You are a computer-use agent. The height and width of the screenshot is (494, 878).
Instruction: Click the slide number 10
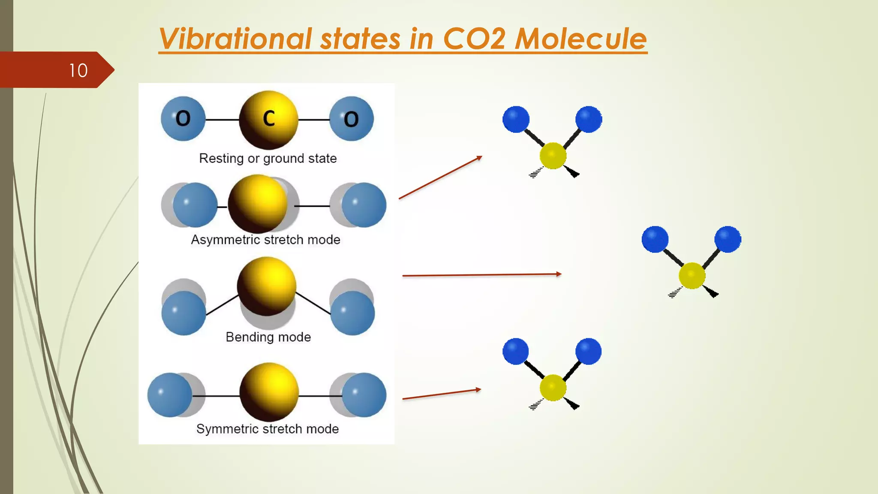coord(78,70)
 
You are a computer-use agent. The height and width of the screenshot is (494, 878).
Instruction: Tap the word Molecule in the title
coord(580,39)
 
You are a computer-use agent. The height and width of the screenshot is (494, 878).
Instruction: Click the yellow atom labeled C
coord(268,120)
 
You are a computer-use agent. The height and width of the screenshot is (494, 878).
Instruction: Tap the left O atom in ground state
coord(183,119)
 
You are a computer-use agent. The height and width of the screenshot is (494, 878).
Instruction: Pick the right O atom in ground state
coord(352,119)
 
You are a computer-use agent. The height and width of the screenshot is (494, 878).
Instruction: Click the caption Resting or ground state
coord(268,159)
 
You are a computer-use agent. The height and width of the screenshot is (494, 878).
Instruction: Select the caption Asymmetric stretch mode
coord(266,240)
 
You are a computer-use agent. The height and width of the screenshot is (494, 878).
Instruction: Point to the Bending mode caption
coord(268,337)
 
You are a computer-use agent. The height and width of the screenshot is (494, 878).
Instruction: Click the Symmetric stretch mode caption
coord(268,429)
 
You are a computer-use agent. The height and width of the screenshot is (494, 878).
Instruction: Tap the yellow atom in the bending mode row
coord(267,286)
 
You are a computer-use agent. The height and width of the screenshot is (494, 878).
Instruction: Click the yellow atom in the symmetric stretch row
coord(269,392)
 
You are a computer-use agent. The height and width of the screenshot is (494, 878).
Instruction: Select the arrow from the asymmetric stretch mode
coord(440,178)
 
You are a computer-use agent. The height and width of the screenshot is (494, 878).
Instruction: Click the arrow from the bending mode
coord(482,275)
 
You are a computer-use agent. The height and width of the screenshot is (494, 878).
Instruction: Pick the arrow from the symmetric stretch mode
coord(442,394)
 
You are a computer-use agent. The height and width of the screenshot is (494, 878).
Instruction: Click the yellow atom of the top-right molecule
coord(553,156)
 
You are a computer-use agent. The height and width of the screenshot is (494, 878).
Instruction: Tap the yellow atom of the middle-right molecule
coord(692,276)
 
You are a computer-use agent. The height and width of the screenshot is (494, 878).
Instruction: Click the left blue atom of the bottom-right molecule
coord(516,351)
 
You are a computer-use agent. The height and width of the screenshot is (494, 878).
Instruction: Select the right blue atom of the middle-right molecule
coord(728,239)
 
